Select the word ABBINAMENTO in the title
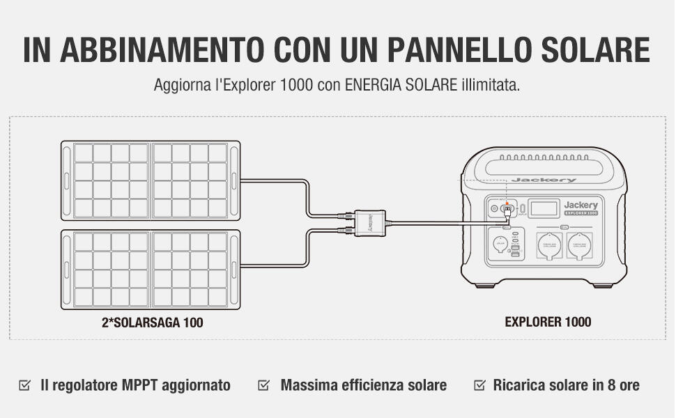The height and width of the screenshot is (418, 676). pos(163,49)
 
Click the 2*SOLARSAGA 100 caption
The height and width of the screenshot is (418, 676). pos(153,323)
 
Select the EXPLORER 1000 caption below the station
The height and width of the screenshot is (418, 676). pos(548,322)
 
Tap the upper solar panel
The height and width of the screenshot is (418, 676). pos(151,180)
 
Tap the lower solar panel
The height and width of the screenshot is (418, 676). pos(151,269)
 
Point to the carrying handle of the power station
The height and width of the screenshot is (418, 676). pos(544,167)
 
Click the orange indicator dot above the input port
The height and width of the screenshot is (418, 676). pos(507,203)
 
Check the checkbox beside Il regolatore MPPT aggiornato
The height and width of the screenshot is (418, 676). pos(25,385)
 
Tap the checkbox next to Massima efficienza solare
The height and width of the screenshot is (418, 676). pos(264,385)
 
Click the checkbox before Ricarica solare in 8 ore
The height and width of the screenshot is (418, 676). pos(479,385)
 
